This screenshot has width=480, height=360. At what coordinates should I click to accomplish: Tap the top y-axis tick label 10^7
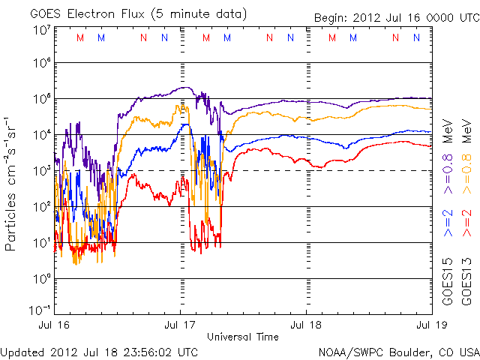tap(41, 30)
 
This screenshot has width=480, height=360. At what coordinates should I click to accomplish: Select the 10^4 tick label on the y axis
tap(41, 135)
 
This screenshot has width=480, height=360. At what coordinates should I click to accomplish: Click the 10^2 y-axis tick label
tap(41, 207)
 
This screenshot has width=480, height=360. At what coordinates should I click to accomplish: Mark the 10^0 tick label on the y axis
tap(41, 279)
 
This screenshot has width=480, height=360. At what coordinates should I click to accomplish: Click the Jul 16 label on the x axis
tap(56, 325)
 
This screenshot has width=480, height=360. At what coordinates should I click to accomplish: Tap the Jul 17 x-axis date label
tap(181, 325)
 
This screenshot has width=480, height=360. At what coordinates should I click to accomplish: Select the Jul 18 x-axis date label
tap(305, 325)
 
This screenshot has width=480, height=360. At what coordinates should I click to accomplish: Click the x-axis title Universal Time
tap(243, 337)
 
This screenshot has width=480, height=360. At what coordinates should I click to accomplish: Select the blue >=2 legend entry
tap(448, 223)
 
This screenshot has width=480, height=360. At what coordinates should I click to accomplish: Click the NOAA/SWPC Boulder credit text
tap(398, 352)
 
